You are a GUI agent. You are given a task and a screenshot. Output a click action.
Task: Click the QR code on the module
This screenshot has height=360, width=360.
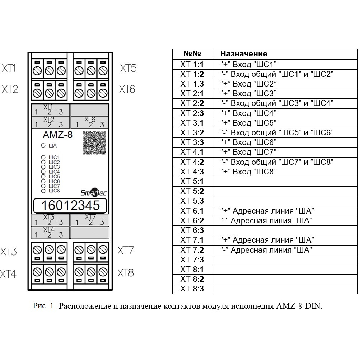(x=95, y=143)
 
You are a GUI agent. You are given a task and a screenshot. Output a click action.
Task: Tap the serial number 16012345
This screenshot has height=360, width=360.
(x=70, y=205)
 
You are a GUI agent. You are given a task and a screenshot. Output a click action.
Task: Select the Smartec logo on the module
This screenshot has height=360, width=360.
(x=94, y=193)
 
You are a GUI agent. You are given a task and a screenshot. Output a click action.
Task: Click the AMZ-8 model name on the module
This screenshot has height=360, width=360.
(x=58, y=135)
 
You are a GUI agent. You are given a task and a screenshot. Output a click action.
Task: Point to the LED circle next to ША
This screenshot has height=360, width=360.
(x=43, y=145)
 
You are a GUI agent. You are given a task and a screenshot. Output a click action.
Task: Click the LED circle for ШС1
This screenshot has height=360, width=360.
(x=43, y=157)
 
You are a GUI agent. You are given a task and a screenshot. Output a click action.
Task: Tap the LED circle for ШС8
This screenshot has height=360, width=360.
(x=43, y=191)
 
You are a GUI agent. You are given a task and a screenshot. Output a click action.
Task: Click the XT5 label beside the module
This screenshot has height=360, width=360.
(x=128, y=68)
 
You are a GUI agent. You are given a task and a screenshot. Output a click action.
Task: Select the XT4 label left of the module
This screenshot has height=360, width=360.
(x=8, y=274)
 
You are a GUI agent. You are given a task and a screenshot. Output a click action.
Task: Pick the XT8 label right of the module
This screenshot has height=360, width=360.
(x=126, y=273)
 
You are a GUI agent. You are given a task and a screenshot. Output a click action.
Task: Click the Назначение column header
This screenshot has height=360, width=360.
(x=244, y=54)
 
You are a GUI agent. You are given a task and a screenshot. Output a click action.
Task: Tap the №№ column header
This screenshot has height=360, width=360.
(x=192, y=53)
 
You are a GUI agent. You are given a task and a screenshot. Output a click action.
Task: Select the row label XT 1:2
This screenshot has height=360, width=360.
(x=192, y=74)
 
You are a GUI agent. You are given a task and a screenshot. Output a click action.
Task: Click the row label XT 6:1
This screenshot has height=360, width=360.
(x=192, y=211)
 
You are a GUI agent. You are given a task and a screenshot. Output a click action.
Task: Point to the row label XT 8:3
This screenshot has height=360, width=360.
(x=192, y=289)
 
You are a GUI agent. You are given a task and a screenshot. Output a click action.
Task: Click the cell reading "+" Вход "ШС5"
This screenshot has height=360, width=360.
(x=248, y=123)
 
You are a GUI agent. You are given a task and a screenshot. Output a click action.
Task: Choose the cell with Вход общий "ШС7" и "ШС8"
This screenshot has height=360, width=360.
(x=277, y=162)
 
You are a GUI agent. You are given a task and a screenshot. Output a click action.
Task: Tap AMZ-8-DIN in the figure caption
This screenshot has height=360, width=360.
(x=299, y=306)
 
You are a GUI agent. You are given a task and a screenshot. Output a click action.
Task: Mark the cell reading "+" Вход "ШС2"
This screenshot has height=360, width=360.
(x=248, y=84)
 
